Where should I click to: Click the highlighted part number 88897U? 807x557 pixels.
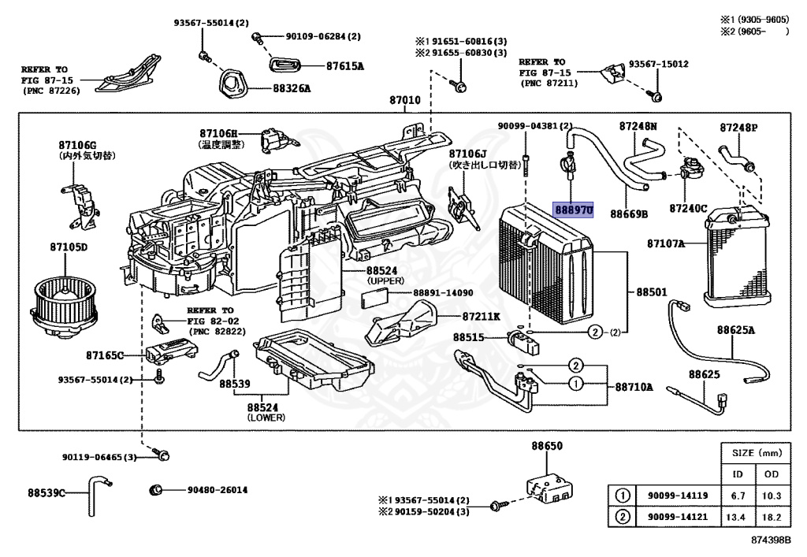pyautogui.click(x=573, y=210)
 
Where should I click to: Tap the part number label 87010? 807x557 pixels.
pyautogui.click(x=404, y=101)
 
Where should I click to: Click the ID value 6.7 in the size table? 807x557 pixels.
pyautogui.click(x=738, y=495)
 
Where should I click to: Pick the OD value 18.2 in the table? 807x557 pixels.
pyautogui.click(x=772, y=517)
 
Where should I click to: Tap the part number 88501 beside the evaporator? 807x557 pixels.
pyautogui.click(x=652, y=292)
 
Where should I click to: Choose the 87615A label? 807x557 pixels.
pyautogui.click(x=345, y=66)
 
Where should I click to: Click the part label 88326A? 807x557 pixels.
pyautogui.click(x=292, y=88)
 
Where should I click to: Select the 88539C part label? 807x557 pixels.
pyautogui.click(x=46, y=493)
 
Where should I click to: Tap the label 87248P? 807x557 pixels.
pyautogui.click(x=738, y=127)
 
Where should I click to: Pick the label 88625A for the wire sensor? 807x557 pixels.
pyautogui.click(x=735, y=329)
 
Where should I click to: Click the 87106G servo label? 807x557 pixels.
pyautogui.click(x=76, y=145)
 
